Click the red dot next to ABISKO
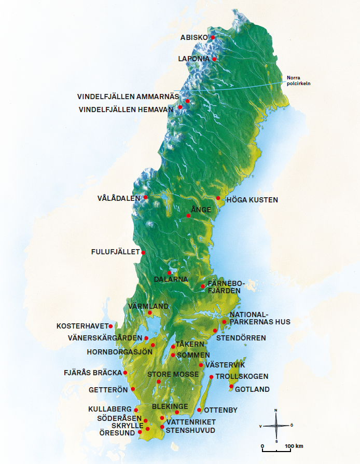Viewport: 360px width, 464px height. click(x=212, y=37)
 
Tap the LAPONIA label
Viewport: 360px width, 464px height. click(x=193, y=59)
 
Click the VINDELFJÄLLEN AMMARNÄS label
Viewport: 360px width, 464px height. click(x=128, y=97)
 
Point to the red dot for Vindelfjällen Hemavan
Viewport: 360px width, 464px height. click(x=180, y=107)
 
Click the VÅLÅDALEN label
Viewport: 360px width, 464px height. click(x=119, y=198)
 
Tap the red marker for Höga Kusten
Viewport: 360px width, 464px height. click(x=218, y=198)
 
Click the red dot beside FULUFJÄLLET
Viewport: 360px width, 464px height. click(x=143, y=253)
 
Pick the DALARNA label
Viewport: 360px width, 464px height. click(x=171, y=279)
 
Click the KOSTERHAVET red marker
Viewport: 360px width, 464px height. click(x=110, y=326)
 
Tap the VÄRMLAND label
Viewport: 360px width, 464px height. click(x=148, y=306)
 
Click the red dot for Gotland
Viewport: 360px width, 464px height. click(x=231, y=386)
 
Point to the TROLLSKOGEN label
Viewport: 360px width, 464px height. click(x=242, y=376)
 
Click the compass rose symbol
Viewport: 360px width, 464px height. click(x=276, y=425)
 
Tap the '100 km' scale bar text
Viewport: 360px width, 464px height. click(x=294, y=446)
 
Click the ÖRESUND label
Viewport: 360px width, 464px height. click(x=117, y=431)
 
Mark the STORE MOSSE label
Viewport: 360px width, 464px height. click(x=173, y=374)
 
